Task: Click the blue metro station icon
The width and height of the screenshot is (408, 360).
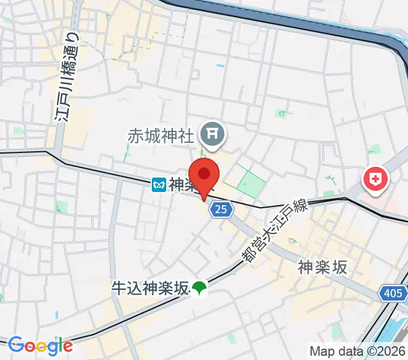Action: pyautogui.click(x=158, y=185)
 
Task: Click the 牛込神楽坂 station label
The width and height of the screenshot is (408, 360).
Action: pyautogui.click(x=149, y=289)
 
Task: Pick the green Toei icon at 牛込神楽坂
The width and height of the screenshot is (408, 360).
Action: pyautogui.click(x=198, y=289)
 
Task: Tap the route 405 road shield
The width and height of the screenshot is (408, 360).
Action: pyautogui.click(x=392, y=293)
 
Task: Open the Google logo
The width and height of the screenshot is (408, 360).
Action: pyautogui.click(x=40, y=345)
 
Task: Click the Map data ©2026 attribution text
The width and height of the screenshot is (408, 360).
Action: pyautogui.click(x=358, y=351)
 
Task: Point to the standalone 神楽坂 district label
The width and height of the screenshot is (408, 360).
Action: pyautogui.click(x=323, y=268)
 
